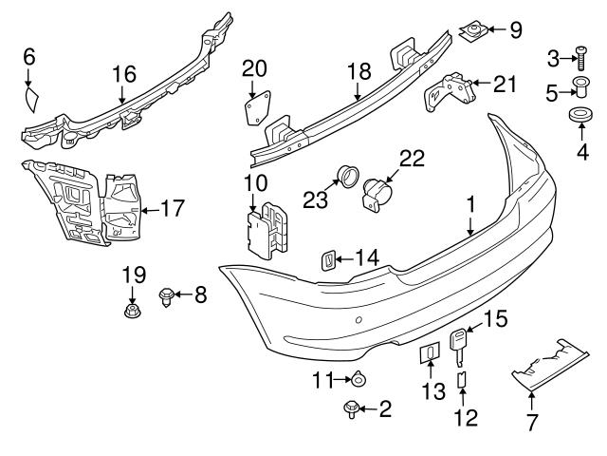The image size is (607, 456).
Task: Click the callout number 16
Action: [123, 72]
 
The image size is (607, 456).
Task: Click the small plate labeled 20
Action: [254, 110]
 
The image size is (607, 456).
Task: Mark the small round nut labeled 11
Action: [359, 381]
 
